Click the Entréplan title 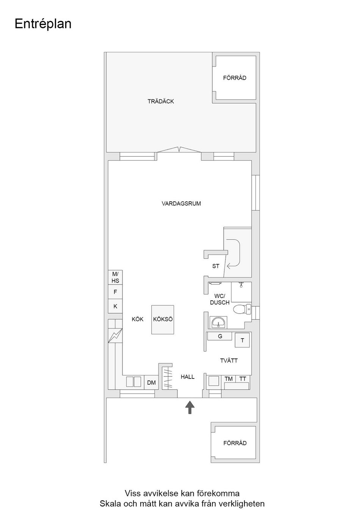click(x=43, y=24)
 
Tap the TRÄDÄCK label click(x=161, y=101)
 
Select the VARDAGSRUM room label click(x=181, y=204)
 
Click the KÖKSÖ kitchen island click(x=163, y=320)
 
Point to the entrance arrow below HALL click(x=190, y=407)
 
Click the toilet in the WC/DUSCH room click(x=242, y=309)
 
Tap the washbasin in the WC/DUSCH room click(x=218, y=322)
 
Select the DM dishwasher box click(x=151, y=382)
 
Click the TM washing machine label click(x=228, y=379)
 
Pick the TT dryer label click(x=243, y=379)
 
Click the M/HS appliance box click(x=115, y=277)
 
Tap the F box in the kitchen click(x=115, y=292)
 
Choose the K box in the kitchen click(x=115, y=306)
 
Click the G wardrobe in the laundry click(x=220, y=336)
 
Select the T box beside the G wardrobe click(x=242, y=340)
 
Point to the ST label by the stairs click(x=215, y=266)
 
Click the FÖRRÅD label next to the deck click(x=235, y=78)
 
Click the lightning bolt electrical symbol click(x=115, y=336)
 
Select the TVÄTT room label click(x=229, y=361)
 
